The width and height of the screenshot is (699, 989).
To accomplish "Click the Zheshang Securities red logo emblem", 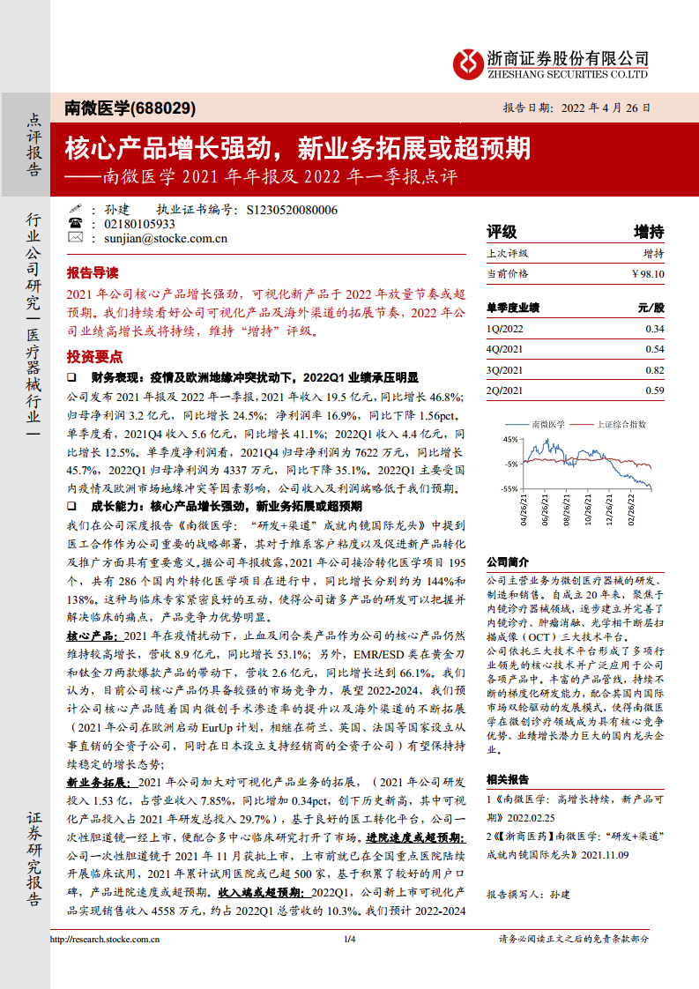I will (x=468, y=63).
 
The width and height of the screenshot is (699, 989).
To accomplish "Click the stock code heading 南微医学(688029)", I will (x=130, y=108).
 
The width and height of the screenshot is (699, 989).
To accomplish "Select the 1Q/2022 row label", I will (x=505, y=329).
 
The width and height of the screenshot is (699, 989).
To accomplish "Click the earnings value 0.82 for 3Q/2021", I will (x=654, y=370).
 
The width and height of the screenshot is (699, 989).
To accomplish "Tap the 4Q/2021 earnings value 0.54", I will (x=654, y=350).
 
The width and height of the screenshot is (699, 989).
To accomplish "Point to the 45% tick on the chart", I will (x=511, y=438).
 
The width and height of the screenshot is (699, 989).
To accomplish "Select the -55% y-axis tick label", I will (x=509, y=488).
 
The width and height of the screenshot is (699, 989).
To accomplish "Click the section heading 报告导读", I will (x=93, y=272).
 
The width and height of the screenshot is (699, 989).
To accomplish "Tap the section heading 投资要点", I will (x=93, y=356).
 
